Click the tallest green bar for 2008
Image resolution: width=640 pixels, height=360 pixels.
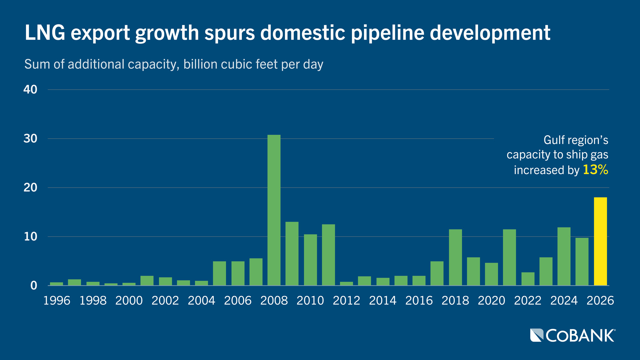(x=274, y=210)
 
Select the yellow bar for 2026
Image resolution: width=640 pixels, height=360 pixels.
(x=600, y=241)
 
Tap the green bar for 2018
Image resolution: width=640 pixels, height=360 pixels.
(x=455, y=257)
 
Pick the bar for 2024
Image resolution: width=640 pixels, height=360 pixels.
(x=564, y=256)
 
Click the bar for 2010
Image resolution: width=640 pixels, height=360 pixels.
(x=310, y=260)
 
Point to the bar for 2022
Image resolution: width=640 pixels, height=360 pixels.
(x=528, y=279)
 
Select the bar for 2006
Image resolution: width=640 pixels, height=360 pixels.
(x=238, y=273)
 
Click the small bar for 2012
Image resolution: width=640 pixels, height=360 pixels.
(x=347, y=284)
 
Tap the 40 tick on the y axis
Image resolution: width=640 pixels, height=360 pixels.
(x=30, y=90)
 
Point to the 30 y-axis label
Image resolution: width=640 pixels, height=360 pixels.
(x=30, y=139)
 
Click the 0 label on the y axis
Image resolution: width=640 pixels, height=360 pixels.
(x=34, y=286)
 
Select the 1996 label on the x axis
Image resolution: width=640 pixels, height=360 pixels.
(x=57, y=301)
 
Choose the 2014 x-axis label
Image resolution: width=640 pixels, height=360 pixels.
(x=383, y=301)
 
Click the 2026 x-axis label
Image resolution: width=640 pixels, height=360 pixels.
(x=600, y=301)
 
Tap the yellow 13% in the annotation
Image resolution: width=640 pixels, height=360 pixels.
(x=595, y=170)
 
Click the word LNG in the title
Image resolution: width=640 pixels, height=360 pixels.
(x=45, y=33)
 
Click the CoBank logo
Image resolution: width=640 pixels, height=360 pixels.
(x=573, y=335)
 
